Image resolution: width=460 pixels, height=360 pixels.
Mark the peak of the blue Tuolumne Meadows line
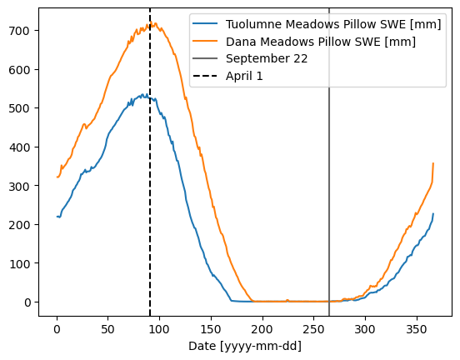coord(143,94)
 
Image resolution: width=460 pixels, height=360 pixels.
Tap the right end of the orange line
coord(433,163)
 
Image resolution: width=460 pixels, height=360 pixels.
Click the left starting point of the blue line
coord(57,217)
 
